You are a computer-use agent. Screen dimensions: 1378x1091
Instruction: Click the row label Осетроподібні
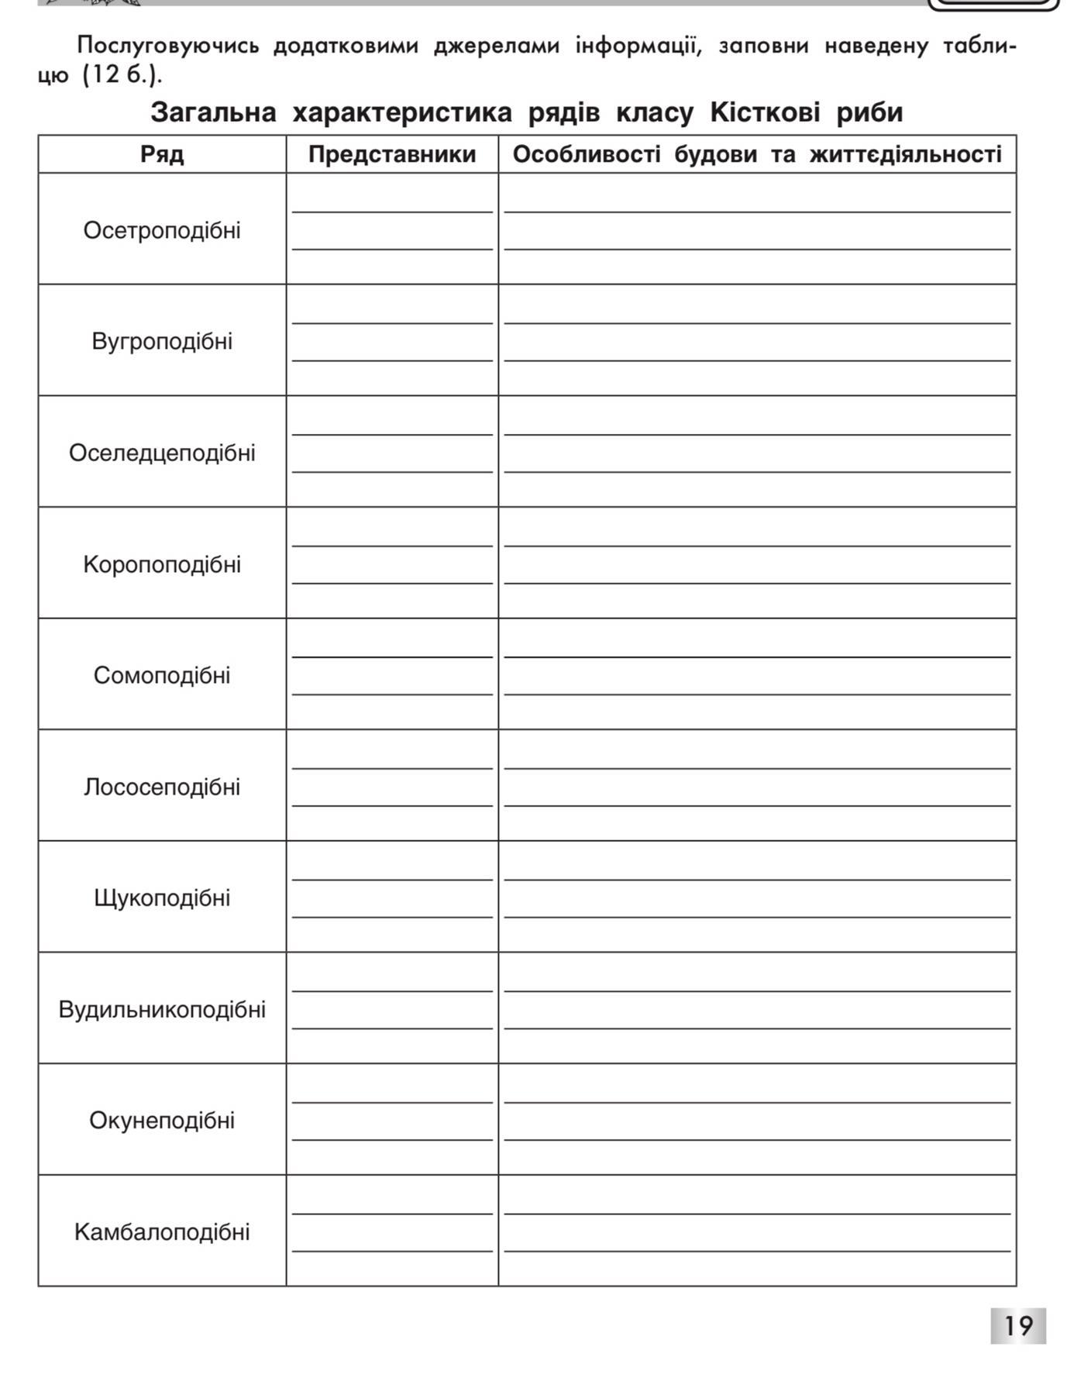[x=162, y=230]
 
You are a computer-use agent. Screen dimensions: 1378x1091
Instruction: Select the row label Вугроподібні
[x=162, y=341]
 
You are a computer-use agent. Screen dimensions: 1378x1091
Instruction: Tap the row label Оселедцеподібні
[x=162, y=453]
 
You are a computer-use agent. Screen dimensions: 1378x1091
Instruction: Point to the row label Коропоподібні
[x=162, y=564]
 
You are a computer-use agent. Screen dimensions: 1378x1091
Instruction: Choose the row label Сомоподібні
[x=162, y=675]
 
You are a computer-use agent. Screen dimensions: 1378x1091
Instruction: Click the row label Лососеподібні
[x=162, y=787]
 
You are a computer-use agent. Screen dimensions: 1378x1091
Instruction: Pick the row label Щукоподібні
[x=162, y=897]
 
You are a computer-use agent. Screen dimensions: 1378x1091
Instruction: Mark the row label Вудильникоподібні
[x=162, y=1009]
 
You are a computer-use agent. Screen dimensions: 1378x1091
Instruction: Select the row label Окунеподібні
[x=162, y=1120]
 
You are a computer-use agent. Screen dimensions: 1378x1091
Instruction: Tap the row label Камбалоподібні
[x=162, y=1232]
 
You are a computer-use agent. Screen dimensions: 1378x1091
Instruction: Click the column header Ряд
[x=162, y=154]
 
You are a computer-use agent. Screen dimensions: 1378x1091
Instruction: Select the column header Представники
[x=392, y=154]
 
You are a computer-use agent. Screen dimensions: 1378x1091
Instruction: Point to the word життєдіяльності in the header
[x=905, y=154]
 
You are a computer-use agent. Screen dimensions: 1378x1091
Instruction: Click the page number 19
[x=1017, y=1325]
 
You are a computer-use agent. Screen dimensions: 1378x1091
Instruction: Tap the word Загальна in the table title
[x=213, y=112]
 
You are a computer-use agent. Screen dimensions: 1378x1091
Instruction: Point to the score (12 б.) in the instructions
[x=122, y=76]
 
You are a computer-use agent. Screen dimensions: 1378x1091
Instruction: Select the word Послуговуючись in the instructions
[x=167, y=46]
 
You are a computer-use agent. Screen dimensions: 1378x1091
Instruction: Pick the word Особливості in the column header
[x=586, y=154]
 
